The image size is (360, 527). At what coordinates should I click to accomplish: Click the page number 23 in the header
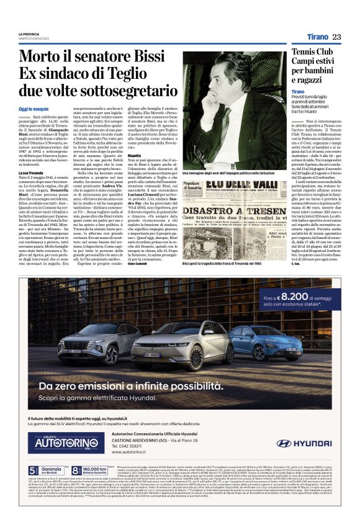coord(336,37)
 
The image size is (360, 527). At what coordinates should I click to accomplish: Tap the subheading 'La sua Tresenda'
coord(30,171)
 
